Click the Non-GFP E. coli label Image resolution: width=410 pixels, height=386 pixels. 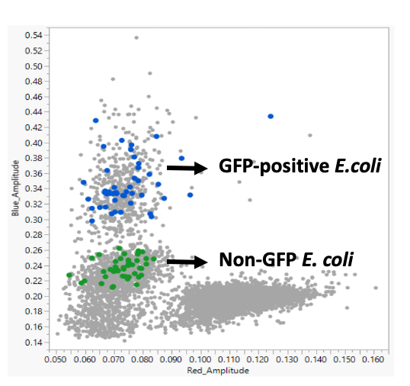click(286, 260)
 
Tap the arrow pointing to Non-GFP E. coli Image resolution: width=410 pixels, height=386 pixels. click(186, 262)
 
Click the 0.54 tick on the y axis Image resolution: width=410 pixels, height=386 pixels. click(33, 35)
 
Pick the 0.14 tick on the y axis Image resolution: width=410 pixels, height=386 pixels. click(33, 343)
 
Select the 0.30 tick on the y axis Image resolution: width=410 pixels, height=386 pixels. click(33, 220)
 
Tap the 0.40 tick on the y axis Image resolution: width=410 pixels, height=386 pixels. click(33, 143)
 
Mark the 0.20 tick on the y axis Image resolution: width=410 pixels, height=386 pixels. click(33, 297)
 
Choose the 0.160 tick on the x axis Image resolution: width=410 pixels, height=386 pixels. click(374, 357)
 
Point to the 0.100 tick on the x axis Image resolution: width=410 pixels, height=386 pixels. click(200, 357)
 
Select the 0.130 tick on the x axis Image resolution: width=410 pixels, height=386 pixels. click(287, 357)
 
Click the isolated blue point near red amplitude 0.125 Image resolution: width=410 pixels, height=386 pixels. click(271, 116)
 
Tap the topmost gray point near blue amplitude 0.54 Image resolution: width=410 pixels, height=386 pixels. click(136, 37)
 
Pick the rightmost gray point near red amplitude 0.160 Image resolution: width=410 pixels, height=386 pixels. click(376, 288)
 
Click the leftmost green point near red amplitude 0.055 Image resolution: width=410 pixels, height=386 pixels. click(69, 275)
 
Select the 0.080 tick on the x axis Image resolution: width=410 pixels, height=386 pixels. click(143, 357)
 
